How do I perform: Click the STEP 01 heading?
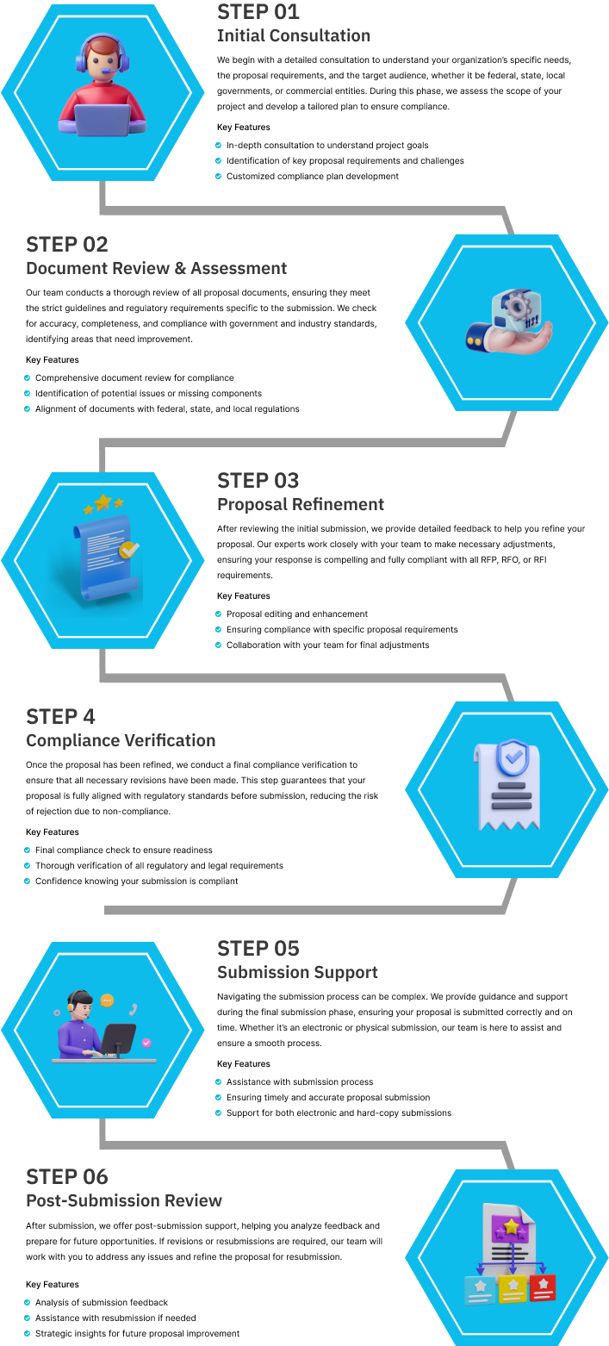258,12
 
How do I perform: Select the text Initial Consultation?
294,36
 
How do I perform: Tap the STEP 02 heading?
67,245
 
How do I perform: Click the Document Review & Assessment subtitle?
156,269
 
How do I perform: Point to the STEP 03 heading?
258,481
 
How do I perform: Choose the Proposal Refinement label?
301,505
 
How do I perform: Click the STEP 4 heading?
61,717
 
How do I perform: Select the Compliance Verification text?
121,741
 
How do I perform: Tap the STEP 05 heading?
258,949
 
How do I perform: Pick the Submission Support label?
297,973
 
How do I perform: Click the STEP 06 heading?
67,1177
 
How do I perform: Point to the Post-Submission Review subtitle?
124,1201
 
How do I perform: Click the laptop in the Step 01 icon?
103,118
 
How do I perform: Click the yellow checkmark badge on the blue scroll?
129,549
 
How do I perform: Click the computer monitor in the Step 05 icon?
119,1037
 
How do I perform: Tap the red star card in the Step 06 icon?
543,1287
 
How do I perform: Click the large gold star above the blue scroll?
103,501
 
